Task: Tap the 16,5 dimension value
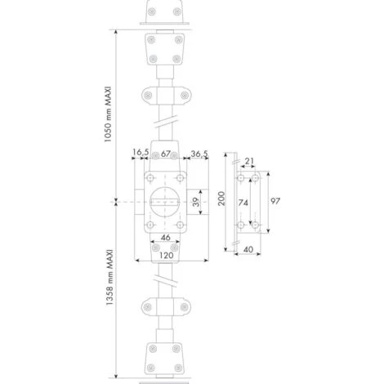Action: pyautogui.click(x=141, y=153)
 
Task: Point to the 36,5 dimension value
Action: pyautogui.click(x=198, y=153)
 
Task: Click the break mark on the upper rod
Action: pyautogui.click(x=167, y=123)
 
